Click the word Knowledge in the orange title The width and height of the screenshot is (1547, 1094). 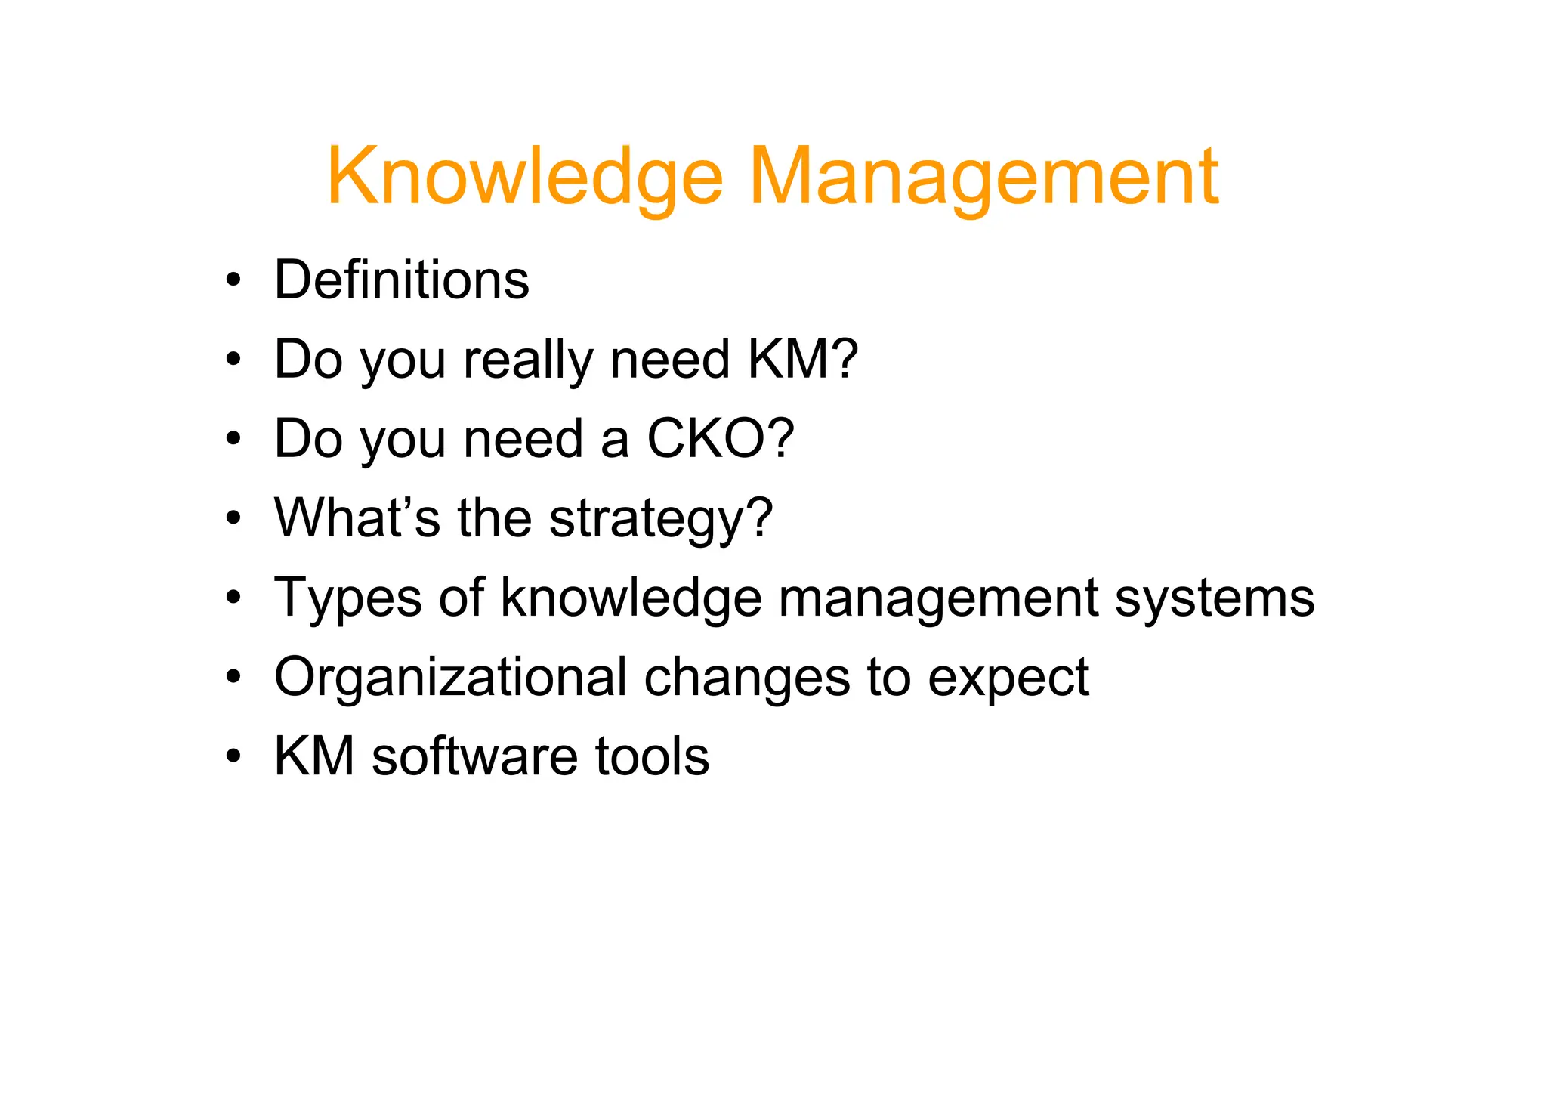point(524,178)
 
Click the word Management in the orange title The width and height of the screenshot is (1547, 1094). point(983,178)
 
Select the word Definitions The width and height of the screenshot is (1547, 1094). point(401,280)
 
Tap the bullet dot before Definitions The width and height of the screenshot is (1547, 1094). point(233,281)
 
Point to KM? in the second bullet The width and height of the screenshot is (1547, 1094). point(802,360)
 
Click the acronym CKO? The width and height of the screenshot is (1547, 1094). point(721,439)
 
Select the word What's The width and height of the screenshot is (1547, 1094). point(357,518)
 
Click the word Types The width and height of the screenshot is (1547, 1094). point(348,599)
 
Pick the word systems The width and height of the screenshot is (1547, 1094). point(1215,599)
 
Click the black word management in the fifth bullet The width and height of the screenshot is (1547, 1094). point(937,599)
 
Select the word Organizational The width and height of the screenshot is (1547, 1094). point(450,678)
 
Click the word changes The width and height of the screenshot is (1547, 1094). point(746,678)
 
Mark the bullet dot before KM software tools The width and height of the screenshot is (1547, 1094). point(233,757)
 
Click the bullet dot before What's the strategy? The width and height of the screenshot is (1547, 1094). point(233,519)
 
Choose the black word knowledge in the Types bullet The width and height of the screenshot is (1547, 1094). point(631,599)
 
